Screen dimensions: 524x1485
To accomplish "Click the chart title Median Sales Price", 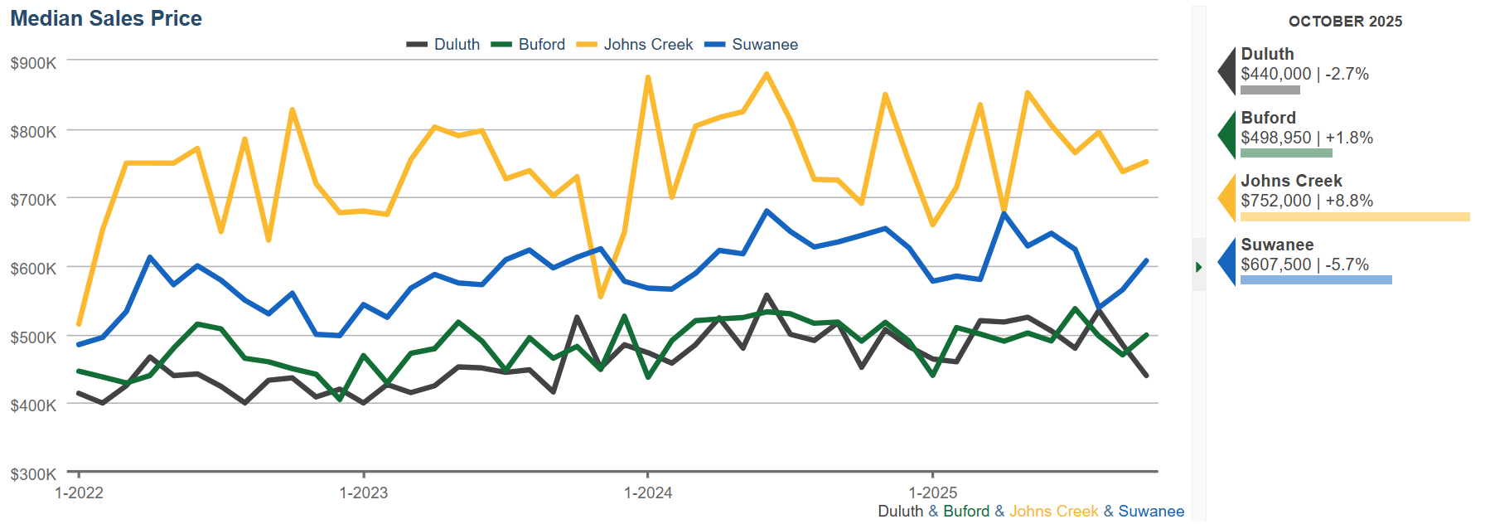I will (x=106, y=19).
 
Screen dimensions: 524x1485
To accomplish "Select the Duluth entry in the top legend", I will (x=456, y=45).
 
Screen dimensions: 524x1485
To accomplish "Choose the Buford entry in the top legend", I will (x=541, y=45).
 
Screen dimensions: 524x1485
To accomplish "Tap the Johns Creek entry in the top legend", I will (x=647, y=45).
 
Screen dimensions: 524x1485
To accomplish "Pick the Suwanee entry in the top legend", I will (x=764, y=45).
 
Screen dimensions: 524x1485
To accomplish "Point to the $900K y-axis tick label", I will (x=33, y=63).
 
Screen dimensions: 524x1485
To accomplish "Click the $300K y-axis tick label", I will (x=33, y=474).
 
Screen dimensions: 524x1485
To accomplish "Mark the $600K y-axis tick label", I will (x=33, y=269).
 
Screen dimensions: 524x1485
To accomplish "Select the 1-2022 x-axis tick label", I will (x=79, y=493).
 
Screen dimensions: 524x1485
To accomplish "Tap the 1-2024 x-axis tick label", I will (x=648, y=493).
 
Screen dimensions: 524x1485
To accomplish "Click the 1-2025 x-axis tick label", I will (x=933, y=493).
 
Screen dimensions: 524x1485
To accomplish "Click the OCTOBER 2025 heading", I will (x=1345, y=22).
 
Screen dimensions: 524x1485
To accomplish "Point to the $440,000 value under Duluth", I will (x=1275, y=75).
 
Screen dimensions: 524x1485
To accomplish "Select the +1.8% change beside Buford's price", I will (x=1349, y=138).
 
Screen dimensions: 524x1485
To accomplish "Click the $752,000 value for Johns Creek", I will (x=1275, y=201).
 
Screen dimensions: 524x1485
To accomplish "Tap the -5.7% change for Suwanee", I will (x=1347, y=265).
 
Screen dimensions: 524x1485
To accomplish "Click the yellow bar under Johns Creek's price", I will (x=1354, y=217).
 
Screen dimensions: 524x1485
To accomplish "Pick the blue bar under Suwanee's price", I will (x=1316, y=280).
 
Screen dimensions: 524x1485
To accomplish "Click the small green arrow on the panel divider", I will (x=1198, y=267).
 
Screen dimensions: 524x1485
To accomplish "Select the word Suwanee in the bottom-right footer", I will (x=1151, y=512).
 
